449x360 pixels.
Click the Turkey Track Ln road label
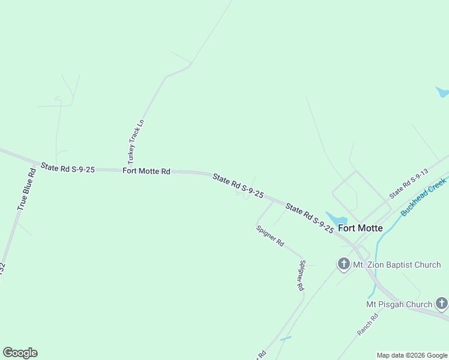tap(136, 142)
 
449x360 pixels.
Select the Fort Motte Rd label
tap(146, 171)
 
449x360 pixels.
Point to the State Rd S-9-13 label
tap(408, 184)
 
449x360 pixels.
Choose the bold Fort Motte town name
tap(360, 228)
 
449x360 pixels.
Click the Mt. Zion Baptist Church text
tap(397, 265)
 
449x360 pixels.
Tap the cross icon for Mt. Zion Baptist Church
tap(343, 263)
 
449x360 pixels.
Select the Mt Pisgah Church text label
tap(399, 304)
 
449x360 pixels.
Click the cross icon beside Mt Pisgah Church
tap(442, 304)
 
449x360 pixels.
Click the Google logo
tap(20, 353)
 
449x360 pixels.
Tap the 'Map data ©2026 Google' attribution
tap(412, 355)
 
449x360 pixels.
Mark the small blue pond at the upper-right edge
tap(442, 92)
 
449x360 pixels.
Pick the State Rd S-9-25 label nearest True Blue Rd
tap(67, 169)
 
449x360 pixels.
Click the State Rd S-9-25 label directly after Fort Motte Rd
tap(238, 185)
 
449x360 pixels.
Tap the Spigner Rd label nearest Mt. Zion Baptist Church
tap(301, 275)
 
